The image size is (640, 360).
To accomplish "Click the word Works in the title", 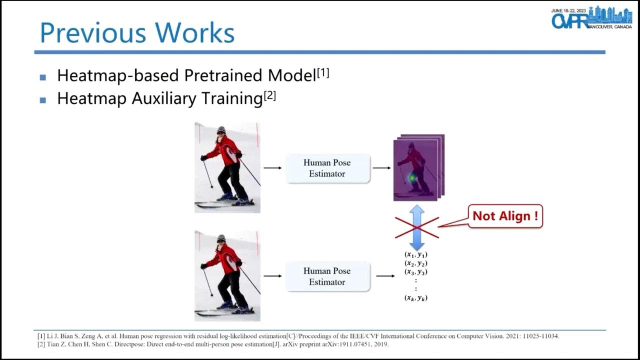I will (x=194, y=32).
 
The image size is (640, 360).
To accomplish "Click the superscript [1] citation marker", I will (x=323, y=73).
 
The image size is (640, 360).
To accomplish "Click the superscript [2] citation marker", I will (x=269, y=96).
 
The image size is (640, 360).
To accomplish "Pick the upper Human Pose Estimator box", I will (x=327, y=168).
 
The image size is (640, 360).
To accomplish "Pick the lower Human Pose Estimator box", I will (x=327, y=276).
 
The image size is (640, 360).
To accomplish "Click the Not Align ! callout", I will (x=505, y=216).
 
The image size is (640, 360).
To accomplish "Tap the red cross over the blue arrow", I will (x=416, y=227).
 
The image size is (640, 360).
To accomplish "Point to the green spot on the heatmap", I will (x=412, y=177).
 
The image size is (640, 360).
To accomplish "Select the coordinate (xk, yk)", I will (x=416, y=298).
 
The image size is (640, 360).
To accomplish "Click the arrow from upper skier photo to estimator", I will (x=272, y=168).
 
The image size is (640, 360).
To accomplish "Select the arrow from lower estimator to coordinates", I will (x=384, y=276).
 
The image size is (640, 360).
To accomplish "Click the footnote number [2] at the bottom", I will (x=41, y=344).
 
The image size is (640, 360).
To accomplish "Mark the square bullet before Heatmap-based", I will (x=43, y=77).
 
